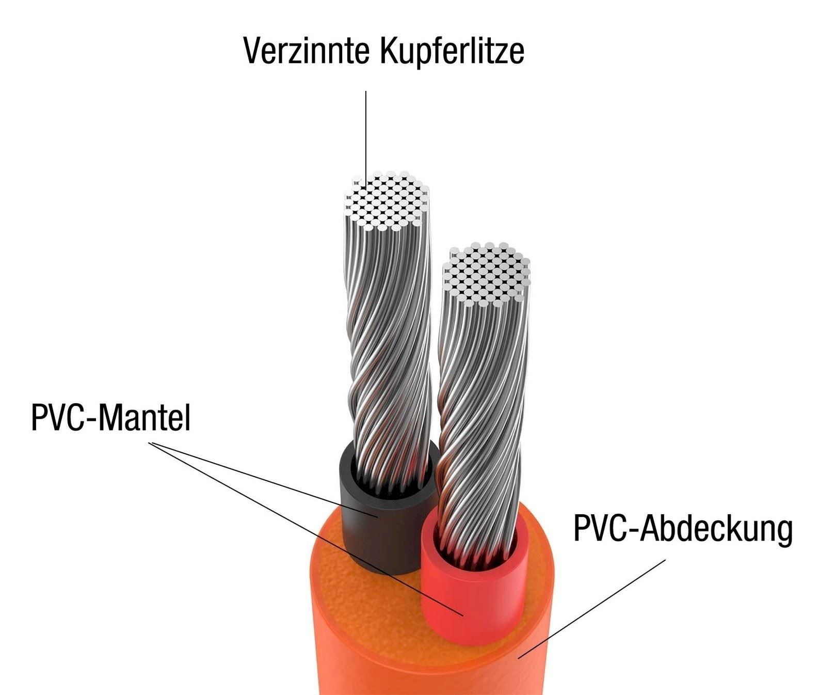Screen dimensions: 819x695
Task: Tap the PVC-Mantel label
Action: point(110,417)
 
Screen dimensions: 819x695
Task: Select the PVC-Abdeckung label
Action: point(683,529)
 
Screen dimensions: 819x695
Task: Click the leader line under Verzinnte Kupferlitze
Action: point(366,138)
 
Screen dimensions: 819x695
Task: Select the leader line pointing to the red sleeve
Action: point(307,529)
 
